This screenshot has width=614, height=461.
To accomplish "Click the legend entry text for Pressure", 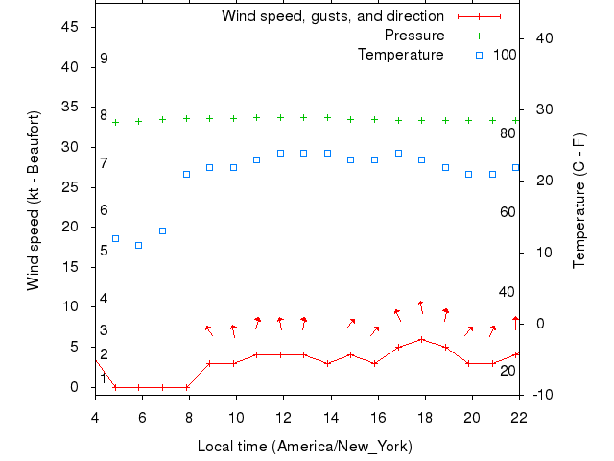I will tap(414, 36).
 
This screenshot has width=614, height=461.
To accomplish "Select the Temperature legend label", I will tap(401, 55).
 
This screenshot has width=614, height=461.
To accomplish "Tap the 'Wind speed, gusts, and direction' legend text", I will tap(333, 16).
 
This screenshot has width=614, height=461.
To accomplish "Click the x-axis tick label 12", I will tap(283, 416).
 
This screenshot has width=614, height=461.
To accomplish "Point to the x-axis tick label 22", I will tap(519, 416).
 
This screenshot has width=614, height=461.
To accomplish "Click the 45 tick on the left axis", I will tap(70, 27).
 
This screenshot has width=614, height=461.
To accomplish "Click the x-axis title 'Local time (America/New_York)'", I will tap(304, 447).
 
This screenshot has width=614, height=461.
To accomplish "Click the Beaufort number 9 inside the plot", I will tap(104, 59).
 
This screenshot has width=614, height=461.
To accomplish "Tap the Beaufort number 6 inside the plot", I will tap(104, 210).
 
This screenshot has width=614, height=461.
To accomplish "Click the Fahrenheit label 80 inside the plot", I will tap(508, 133).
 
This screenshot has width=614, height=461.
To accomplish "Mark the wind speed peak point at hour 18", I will tap(421, 339).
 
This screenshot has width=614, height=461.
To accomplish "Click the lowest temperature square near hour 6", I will tap(139, 245).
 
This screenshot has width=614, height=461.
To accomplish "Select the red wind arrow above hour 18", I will tap(421, 306).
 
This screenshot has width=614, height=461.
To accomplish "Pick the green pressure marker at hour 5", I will tap(115, 122).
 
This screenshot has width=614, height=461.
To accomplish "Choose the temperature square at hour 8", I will tap(186, 174).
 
